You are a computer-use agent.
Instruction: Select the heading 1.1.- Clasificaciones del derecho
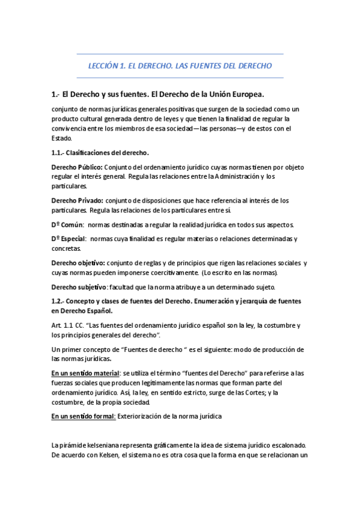[x=100, y=153]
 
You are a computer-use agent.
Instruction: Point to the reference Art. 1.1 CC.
[x=69, y=325]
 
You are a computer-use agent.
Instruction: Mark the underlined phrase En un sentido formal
[x=84, y=416]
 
